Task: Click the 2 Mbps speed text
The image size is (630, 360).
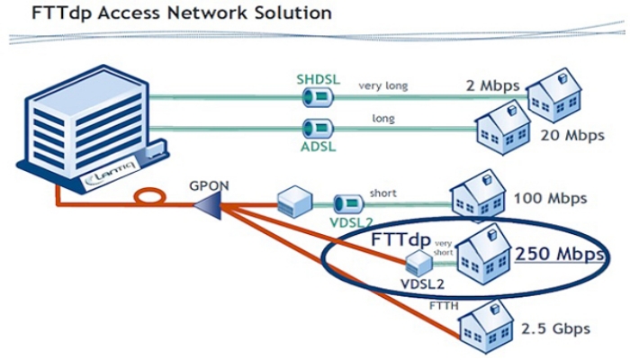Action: pyautogui.click(x=493, y=86)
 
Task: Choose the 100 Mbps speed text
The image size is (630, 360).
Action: pyautogui.click(x=550, y=197)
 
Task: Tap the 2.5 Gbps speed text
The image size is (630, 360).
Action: pyautogui.click(x=553, y=328)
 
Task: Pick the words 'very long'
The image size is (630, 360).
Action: pyautogui.click(x=383, y=86)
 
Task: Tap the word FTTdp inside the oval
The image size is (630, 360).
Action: pyautogui.click(x=401, y=242)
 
